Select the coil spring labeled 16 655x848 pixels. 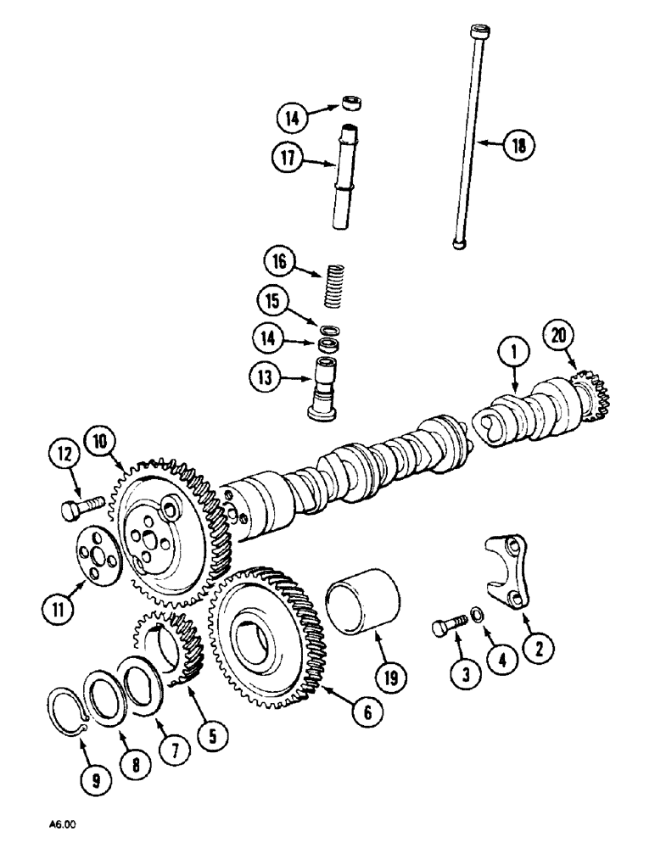(338, 286)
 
